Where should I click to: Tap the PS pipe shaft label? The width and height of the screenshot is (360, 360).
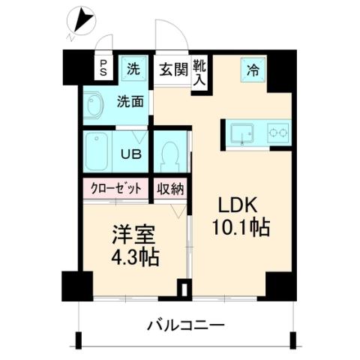pyautogui.click(x=103, y=69)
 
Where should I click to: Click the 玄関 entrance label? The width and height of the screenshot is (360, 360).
pyautogui.click(x=172, y=70)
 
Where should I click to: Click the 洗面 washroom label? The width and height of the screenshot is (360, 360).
pyautogui.click(x=130, y=102)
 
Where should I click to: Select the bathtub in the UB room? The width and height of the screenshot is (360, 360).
pyautogui.click(x=97, y=151)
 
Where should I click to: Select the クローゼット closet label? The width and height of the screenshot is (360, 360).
pyautogui.click(x=116, y=189)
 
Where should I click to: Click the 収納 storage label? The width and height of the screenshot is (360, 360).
pyautogui.click(x=171, y=189)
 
